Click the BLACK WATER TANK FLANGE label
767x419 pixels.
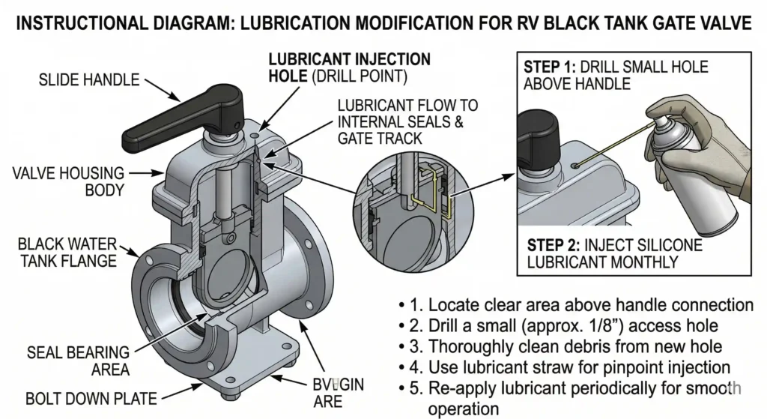(x=67, y=252)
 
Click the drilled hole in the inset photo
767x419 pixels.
(x=574, y=164)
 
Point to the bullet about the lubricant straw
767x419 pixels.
(x=577, y=367)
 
